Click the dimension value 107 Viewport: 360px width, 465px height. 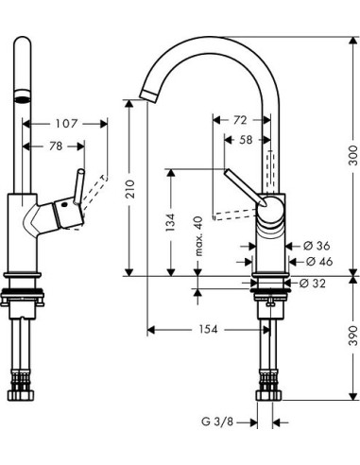[66, 123]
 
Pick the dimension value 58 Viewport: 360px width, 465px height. [245, 140]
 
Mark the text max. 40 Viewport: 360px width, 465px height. [198, 235]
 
